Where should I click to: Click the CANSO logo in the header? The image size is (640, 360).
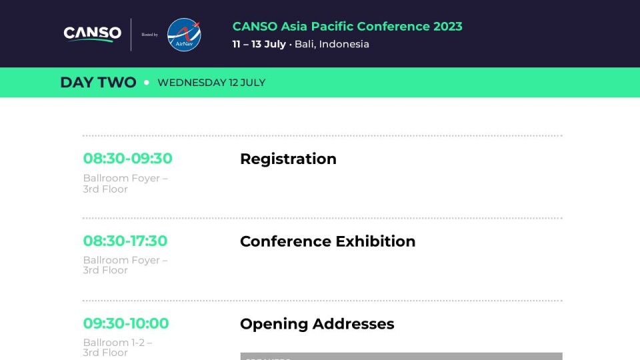(92, 33)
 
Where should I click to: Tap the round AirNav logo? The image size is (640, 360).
(184, 35)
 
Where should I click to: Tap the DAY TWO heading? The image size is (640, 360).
(98, 83)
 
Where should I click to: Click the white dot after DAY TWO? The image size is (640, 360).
(147, 83)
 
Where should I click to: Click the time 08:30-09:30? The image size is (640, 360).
(127, 159)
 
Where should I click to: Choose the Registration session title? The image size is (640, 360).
(288, 159)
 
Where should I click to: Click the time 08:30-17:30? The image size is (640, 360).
(125, 241)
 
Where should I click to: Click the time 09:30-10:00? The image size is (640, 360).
(125, 323)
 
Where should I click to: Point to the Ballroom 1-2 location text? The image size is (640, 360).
(117, 343)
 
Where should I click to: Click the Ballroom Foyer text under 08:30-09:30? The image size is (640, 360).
(125, 179)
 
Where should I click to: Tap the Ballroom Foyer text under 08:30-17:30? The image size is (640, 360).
(125, 261)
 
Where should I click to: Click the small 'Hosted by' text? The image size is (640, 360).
(149, 35)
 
